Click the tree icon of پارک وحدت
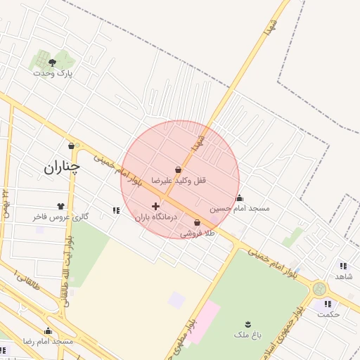tap(53, 63)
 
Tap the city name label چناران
tap(62, 167)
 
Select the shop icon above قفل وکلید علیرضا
tap(179, 169)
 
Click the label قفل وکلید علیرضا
tap(181, 181)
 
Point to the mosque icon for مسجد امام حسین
tap(239, 198)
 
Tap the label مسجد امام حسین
tap(239, 209)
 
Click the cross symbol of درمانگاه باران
tap(155, 206)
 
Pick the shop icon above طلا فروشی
tap(197, 222)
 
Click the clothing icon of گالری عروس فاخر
tap(60, 206)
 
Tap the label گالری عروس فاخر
tap(60, 217)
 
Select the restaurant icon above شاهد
tap(343, 266)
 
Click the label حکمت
tap(328, 314)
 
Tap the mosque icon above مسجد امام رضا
tap(48, 330)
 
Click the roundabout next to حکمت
tap(320, 288)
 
